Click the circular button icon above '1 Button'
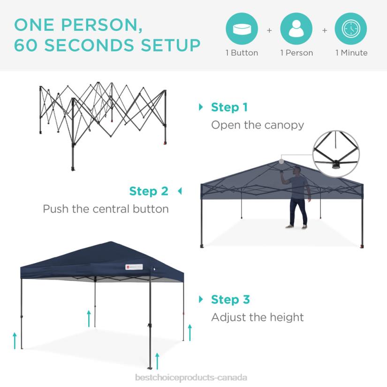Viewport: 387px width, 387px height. (242, 29)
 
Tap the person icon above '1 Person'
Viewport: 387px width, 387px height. (296, 29)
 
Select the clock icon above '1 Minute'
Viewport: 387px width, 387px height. (350, 29)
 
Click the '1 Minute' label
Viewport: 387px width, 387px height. (351, 53)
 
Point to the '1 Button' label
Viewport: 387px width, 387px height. (242, 53)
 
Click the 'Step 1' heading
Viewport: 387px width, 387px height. (229, 107)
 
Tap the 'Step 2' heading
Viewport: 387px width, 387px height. (148, 191)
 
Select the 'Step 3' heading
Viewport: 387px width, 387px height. (230, 300)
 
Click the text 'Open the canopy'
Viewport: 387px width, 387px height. (257, 125)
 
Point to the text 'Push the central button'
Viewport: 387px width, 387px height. (106, 209)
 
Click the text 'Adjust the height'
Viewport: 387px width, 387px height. (257, 318)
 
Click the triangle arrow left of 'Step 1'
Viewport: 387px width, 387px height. (201, 107)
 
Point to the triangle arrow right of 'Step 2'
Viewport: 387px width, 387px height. (179, 191)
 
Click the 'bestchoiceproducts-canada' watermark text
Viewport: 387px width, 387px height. (191, 378)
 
